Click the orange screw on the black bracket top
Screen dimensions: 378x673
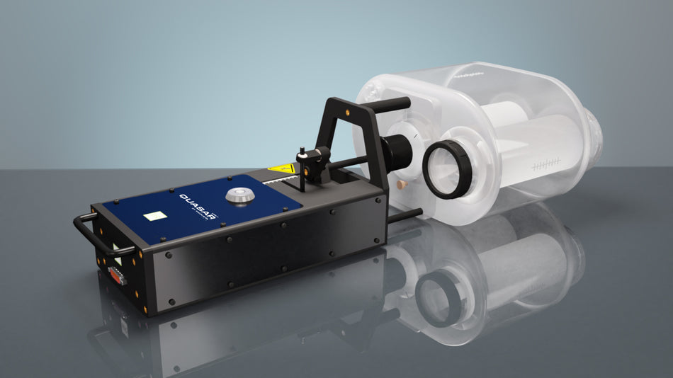349,109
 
